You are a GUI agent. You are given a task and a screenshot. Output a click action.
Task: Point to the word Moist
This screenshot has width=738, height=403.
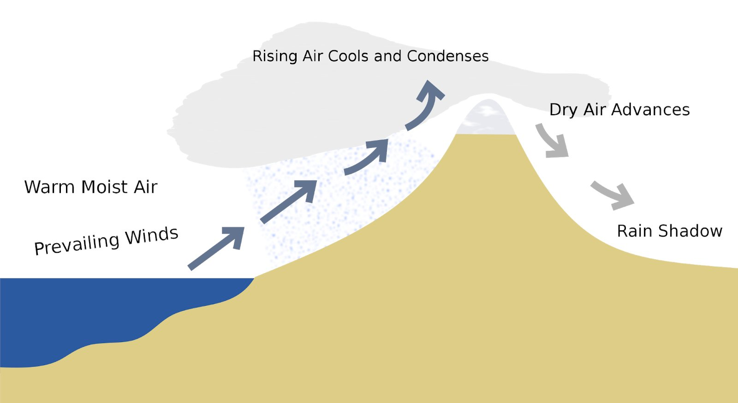(x=104, y=187)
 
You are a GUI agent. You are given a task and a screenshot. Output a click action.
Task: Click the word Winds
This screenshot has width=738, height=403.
(x=152, y=236)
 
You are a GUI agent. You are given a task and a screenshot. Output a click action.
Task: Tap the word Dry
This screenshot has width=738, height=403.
(x=563, y=110)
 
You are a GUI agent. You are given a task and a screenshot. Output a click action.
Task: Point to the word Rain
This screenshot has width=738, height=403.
(x=635, y=231)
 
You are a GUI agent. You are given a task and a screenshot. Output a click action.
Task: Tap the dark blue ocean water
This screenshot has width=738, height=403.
(x=92, y=314)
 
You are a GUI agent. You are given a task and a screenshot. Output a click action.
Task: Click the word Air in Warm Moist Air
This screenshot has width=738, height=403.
(x=146, y=187)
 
